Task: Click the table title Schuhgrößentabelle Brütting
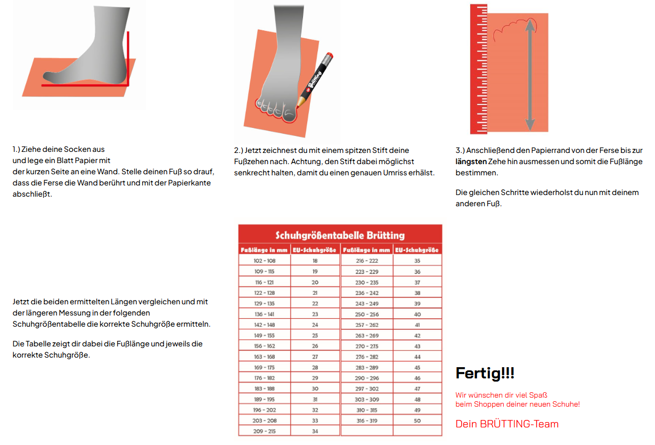point(340,235)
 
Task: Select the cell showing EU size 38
point(417,293)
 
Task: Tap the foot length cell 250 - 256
point(367,314)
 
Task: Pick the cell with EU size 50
point(417,420)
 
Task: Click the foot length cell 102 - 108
point(265,261)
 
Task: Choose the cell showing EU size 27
point(315,357)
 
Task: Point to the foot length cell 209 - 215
point(265,431)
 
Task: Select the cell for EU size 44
point(417,357)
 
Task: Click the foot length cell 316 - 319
point(367,420)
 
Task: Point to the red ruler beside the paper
point(478,69)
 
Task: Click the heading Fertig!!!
point(485,373)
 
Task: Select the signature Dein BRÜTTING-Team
point(507,424)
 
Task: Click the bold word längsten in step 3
point(471,161)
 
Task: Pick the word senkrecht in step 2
point(251,173)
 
